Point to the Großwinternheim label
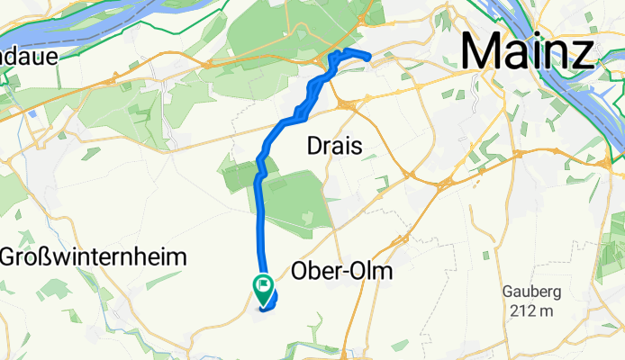pyautogui.click(x=94, y=256)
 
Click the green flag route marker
pyautogui.click(x=263, y=288)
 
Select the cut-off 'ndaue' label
pyautogui.click(x=29, y=56)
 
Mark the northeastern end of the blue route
pyautogui.click(x=369, y=58)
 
